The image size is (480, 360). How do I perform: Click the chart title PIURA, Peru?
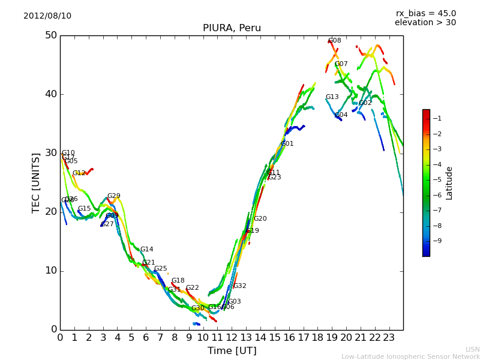pos(232,28)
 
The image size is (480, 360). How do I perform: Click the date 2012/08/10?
pos(47,16)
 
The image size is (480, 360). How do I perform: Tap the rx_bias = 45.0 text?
pos(425,13)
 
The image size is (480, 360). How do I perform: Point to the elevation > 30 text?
pos(425,23)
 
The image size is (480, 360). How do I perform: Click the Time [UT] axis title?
pos(232,351)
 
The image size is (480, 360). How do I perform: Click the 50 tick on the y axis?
pos(51,35)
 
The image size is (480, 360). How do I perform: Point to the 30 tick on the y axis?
pos(51,153)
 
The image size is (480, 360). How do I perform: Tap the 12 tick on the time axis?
pos(232,338)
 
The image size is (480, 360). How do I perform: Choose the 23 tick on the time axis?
pos(389,338)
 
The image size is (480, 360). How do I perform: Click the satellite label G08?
pos(335,41)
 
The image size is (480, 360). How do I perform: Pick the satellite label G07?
pos(341,64)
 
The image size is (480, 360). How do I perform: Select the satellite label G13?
pos(332,97)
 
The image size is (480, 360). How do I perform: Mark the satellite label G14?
pos(147,250)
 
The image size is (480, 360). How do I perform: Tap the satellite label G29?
pos(114,196)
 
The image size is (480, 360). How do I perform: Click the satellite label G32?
pos(240,286)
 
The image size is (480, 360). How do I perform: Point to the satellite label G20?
pos(260,219)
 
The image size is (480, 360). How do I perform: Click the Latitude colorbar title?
pos(449,183)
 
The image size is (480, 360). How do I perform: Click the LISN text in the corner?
pos(473,349)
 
